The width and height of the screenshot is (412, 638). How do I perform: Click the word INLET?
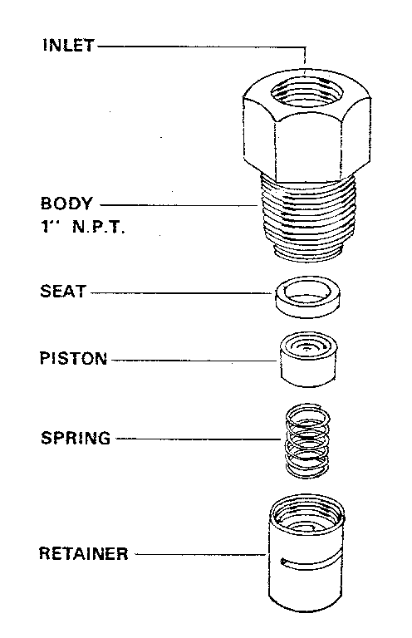point(68,46)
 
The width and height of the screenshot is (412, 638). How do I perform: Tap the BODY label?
point(66,203)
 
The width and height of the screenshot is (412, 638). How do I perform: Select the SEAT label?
point(63,292)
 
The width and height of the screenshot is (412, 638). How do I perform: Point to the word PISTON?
point(74,360)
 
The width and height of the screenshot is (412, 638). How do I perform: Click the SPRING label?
point(75,438)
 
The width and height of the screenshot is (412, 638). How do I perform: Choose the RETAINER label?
point(84,553)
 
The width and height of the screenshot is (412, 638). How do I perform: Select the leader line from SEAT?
point(183,292)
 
